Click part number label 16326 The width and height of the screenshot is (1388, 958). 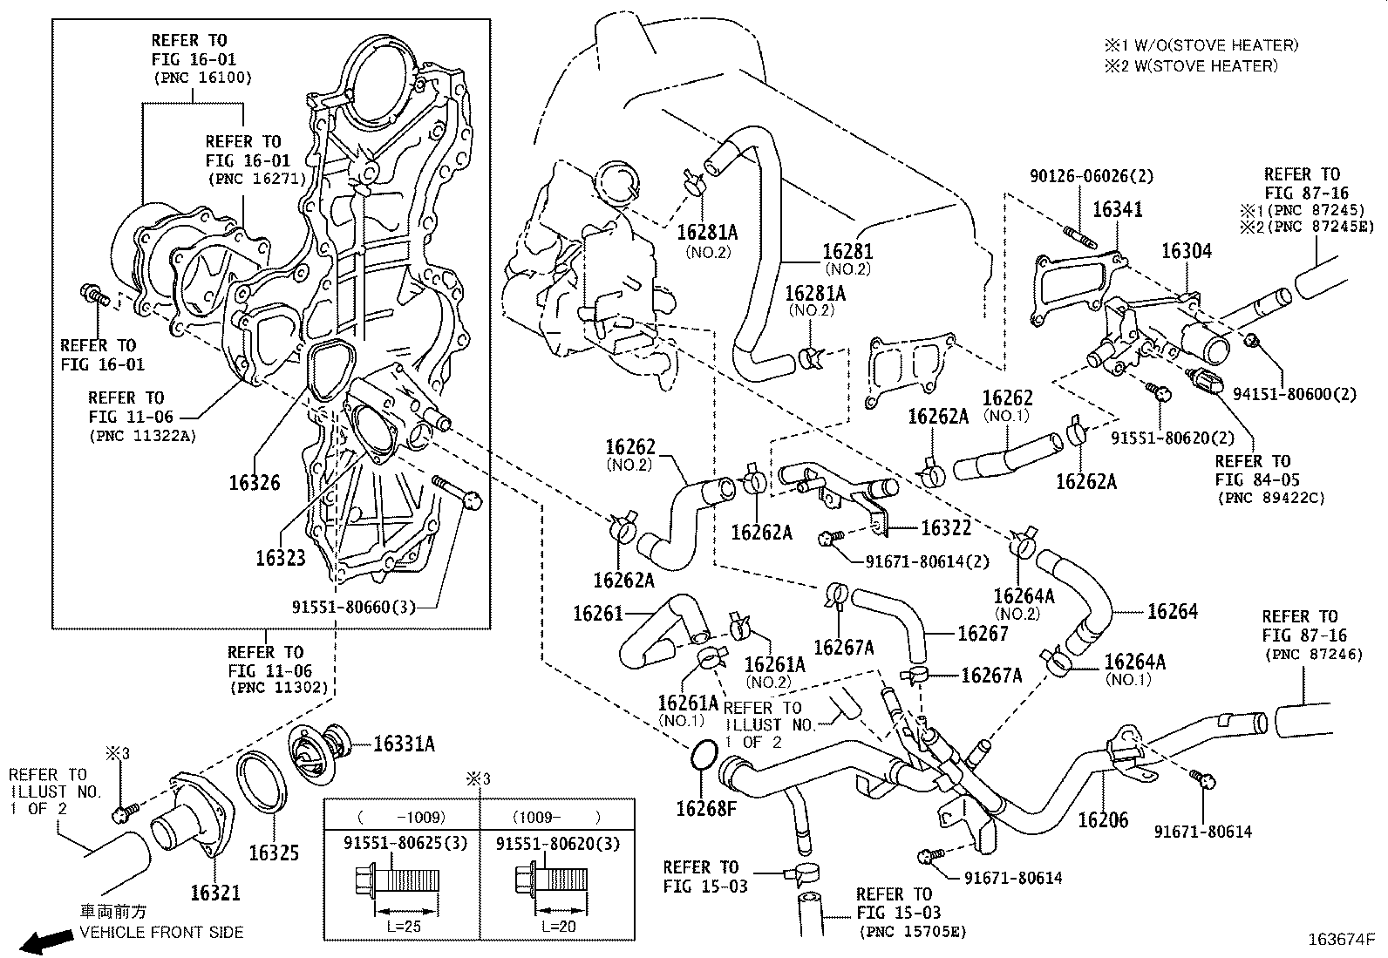(255, 482)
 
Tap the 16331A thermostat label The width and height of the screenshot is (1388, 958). (404, 744)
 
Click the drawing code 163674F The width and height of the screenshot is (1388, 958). (1342, 940)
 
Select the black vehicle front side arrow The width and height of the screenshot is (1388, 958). (46, 941)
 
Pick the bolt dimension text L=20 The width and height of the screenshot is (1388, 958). (558, 927)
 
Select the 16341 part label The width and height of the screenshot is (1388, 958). (1117, 209)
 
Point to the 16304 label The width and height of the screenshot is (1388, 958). (1186, 251)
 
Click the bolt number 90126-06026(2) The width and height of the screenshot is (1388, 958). (1091, 176)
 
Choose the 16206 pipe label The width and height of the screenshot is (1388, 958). (1102, 819)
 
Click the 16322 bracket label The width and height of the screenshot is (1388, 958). (945, 527)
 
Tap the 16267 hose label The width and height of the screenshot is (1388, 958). (983, 634)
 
